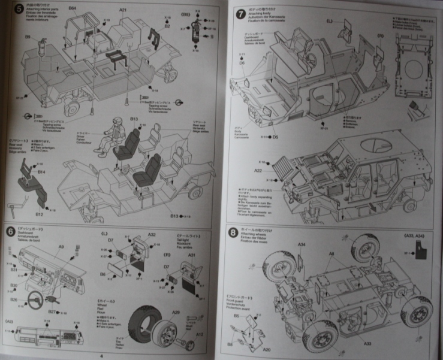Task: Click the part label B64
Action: click(x=72, y=8)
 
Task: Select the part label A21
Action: click(x=123, y=10)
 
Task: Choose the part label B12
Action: click(x=39, y=214)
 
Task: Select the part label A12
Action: click(x=201, y=335)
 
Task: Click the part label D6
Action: click(x=242, y=62)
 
